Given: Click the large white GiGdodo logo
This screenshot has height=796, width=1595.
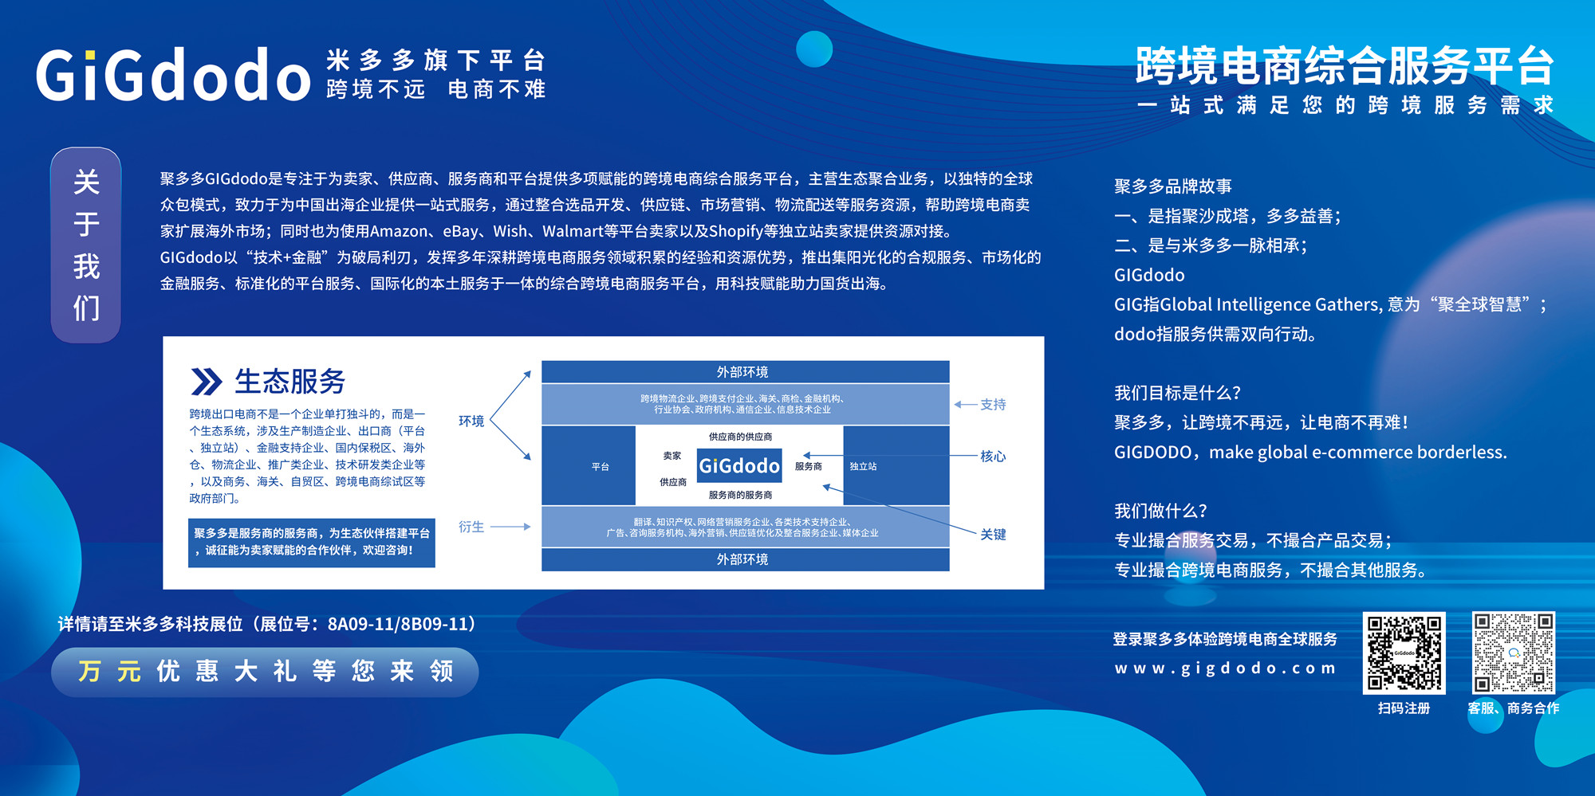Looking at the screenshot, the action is [x=173, y=74].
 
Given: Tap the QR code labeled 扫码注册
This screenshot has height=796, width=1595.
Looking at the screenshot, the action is [x=1404, y=653].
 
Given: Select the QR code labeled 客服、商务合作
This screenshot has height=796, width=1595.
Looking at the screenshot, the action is [x=1513, y=653].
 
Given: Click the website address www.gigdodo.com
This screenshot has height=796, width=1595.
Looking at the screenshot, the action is [x=1225, y=669].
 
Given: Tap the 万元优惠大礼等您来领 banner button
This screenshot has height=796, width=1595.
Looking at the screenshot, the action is [x=265, y=672].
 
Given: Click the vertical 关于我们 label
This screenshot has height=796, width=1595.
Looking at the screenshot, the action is [x=86, y=245].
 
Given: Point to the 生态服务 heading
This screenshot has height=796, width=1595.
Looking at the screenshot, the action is [x=289, y=382].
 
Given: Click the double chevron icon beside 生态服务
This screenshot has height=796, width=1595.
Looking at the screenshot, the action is [x=206, y=382].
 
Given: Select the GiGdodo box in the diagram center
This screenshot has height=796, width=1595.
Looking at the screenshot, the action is [x=739, y=466].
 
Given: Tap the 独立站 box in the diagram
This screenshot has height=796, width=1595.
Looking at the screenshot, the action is [x=896, y=466].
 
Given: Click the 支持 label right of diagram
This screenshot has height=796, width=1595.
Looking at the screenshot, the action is [x=993, y=405].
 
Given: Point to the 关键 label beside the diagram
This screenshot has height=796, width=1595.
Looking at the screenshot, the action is [x=993, y=535].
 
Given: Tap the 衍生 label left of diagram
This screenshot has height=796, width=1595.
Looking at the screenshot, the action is [x=471, y=527].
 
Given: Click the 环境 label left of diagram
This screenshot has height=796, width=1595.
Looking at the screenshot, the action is [x=471, y=421].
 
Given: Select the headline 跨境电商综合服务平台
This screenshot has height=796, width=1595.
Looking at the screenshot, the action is [x=1345, y=65].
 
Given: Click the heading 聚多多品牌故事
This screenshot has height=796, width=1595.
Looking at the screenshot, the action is [x=1173, y=186].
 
